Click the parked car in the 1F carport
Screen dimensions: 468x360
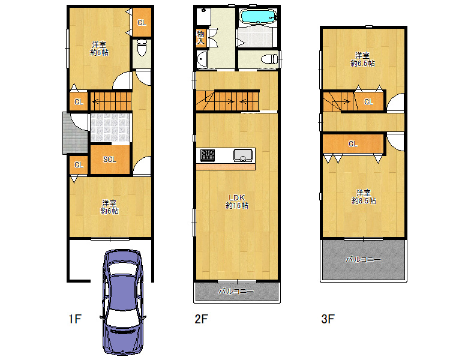pyautogui.click(x=122, y=302)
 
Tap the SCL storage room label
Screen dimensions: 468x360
pyautogui.click(x=110, y=160)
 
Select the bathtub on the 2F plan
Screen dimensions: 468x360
pyautogui.click(x=258, y=16)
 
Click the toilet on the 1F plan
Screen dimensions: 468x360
pyautogui.click(x=142, y=48)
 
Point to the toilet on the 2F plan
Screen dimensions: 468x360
pyautogui.click(x=269, y=59)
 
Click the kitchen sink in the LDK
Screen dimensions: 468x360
pyautogui.click(x=242, y=155)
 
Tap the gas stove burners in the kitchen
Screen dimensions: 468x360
pyautogui.click(x=208, y=155)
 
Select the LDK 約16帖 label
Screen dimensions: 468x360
pyautogui.click(x=236, y=202)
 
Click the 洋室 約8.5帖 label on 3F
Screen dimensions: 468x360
pyautogui.click(x=364, y=197)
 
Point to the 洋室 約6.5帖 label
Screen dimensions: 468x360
pyautogui.click(x=362, y=59)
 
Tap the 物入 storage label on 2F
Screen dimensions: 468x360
pyautogui.click(x=200, y=38)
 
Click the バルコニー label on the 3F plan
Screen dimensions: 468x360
pyautogui.click(x=363, y=259)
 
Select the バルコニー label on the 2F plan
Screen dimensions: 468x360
pyautogui.click(x=236, y=291)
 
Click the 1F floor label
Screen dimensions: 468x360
pyautogui.click(x=75, y=319)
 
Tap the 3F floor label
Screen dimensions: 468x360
pyautogui.click(x=328, y=319)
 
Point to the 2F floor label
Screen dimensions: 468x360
pyautogui.click(x=201, y=319)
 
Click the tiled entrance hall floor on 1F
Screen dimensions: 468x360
pyautogui.click(x=110, y=128)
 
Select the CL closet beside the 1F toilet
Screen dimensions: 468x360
pyautogui.click(x=142, y=22)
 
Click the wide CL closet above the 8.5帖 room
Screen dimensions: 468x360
pyautogui.click(x=353, y=144)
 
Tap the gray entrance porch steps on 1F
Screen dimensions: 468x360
pyautogui.click(x=74, y=133)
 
